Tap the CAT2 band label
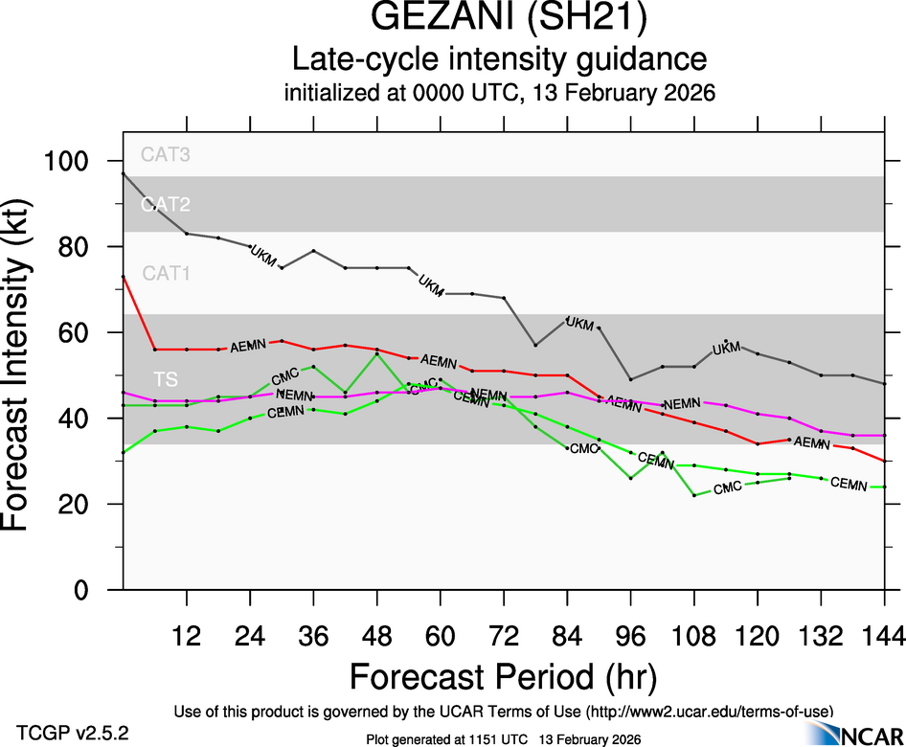point(166,204)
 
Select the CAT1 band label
point(166,274)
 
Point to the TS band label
point(166,378)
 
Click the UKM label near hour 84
point(580,324)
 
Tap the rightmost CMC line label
point(728,488)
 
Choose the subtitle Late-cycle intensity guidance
point(499,59)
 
